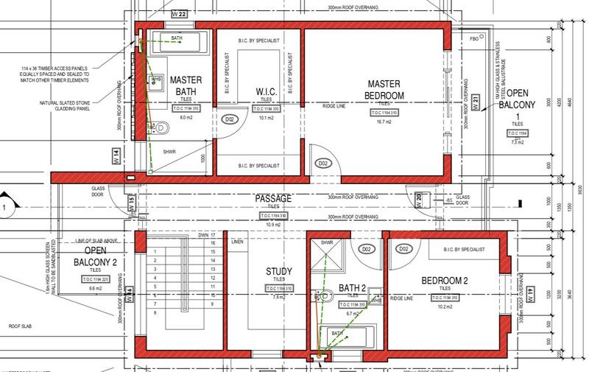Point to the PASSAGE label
point(274,199)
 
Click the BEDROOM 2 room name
point(444,281)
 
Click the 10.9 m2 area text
point(274,222)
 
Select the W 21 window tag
point(476,102)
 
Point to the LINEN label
point(236,241)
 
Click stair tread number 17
point(213,234)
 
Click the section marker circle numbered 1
point(4,208)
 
